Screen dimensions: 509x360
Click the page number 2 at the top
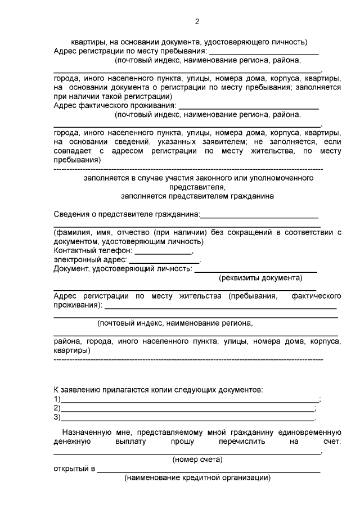point(197,22)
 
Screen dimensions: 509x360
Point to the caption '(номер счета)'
point(197,460)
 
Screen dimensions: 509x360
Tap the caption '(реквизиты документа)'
point(260,278)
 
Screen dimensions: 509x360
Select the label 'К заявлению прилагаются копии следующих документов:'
point(158,389)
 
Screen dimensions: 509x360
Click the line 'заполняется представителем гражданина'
point(197,196)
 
